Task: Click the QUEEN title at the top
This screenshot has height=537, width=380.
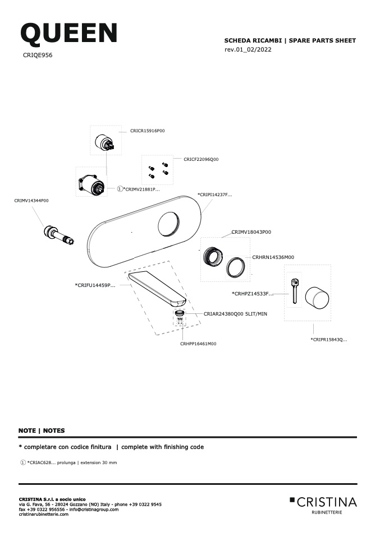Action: click(69, 34)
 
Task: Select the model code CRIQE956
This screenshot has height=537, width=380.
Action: click(38, 55)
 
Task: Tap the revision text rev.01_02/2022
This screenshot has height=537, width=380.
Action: click(248, 49)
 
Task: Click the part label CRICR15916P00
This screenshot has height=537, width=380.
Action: click(148, 131)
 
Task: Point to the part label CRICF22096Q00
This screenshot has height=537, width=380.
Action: click(201, 159)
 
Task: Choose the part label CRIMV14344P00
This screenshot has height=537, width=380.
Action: click(31, 201)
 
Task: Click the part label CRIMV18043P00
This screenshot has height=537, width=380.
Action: click(251, 232)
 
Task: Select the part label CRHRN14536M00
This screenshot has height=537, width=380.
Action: click(273, 257)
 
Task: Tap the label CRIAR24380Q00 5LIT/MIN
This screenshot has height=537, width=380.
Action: click(235, 314)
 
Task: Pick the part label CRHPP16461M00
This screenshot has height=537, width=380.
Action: click(198, 344)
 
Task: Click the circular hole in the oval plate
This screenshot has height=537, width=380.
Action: click(168, 224)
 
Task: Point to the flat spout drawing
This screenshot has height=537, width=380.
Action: click(157, 288)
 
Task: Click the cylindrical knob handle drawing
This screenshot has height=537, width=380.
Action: click(317, 299)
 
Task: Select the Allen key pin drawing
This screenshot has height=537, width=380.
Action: click(295, 291)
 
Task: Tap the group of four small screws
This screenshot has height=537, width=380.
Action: click(158, 170)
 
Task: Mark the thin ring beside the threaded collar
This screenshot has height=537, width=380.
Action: click(235, 267)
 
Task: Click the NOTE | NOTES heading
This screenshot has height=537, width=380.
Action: click(42, 430)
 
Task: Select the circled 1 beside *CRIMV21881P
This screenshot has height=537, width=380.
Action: click(120, 189)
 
